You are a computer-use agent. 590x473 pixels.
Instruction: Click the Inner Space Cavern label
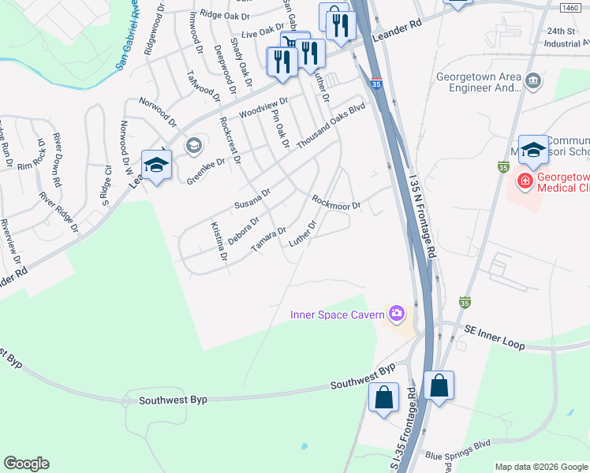[x=337, y=315]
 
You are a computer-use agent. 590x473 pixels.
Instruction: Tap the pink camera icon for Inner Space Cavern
[x=396, y=315]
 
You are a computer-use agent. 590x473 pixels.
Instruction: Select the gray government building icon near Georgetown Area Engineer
[x=533, y=80]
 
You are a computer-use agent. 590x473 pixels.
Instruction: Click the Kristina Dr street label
[x=218, y=242]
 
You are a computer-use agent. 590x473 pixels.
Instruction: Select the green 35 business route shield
[x=503, y=166]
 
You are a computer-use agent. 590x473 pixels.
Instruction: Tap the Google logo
[x=26, y=464]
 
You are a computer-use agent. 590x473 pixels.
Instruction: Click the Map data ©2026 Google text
[x=540, y=467]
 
